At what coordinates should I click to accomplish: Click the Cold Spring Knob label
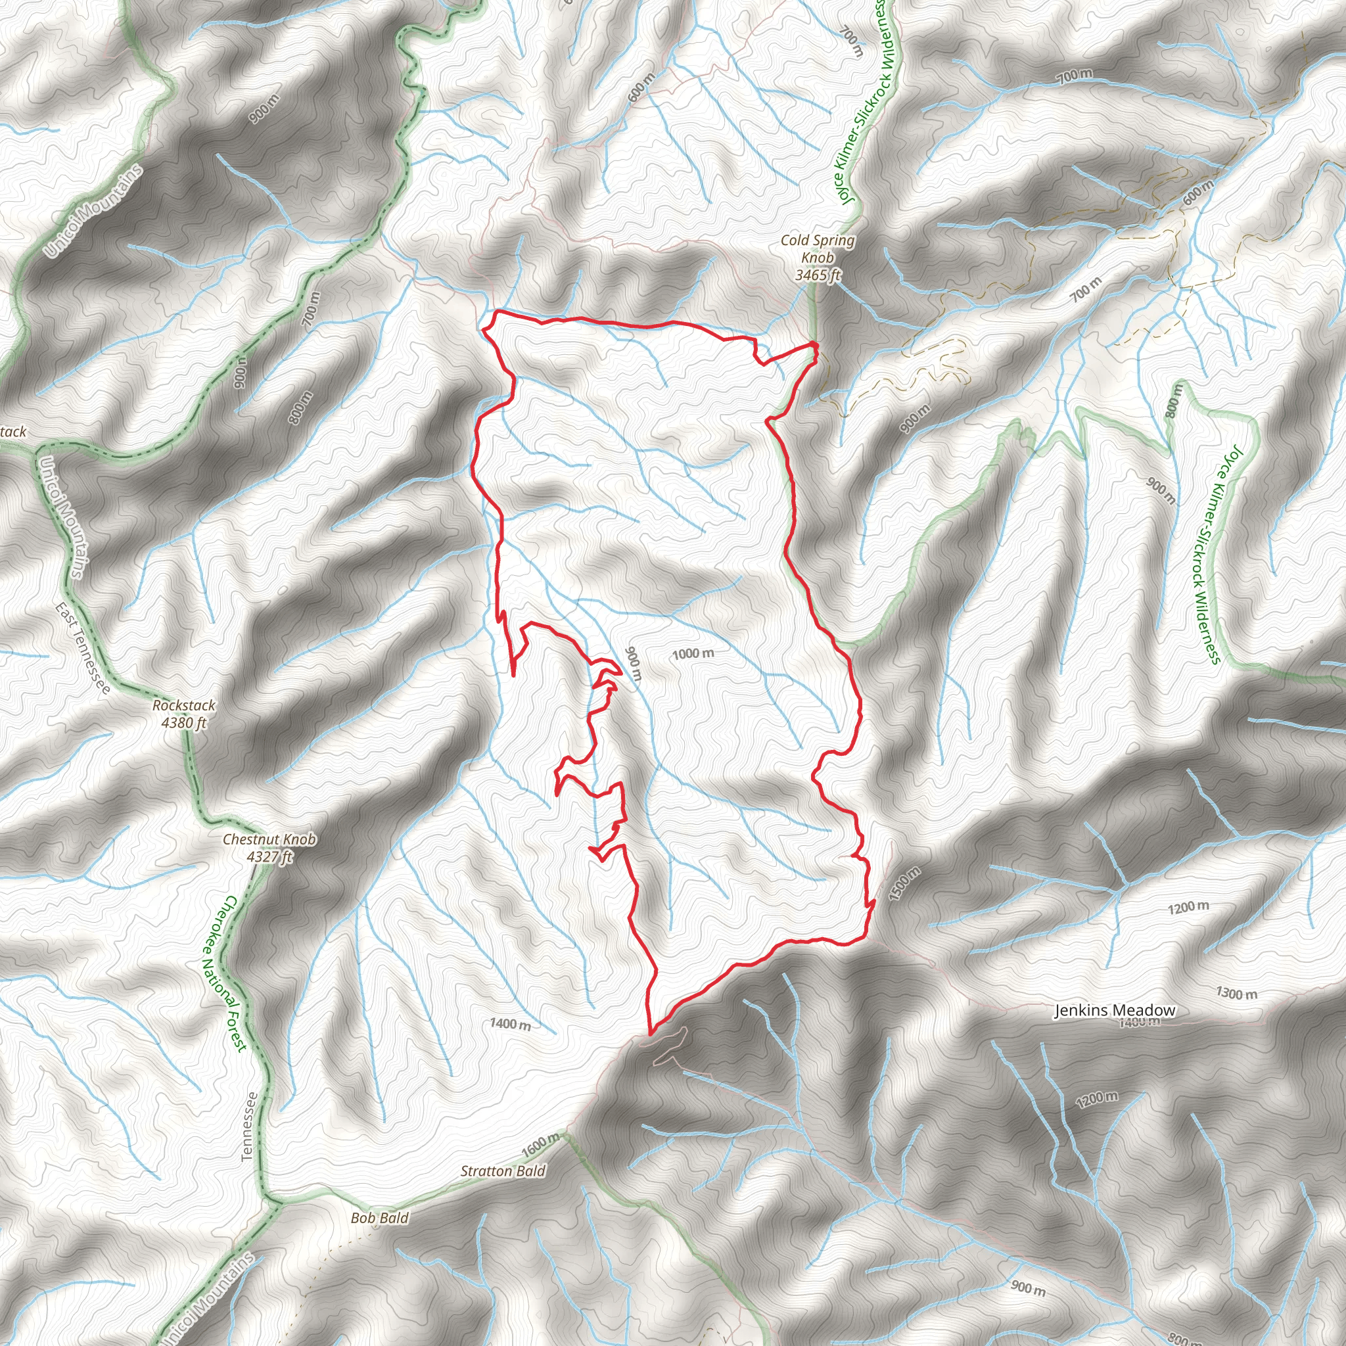(817, 248)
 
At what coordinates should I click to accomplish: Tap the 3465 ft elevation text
(817, 275)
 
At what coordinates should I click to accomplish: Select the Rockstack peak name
(184, 706)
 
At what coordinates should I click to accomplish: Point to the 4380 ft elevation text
(184, 723)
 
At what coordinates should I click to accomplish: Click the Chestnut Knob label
(269, 839)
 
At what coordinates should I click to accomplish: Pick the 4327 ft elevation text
(269, 857)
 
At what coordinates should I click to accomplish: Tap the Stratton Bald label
(502, 1171)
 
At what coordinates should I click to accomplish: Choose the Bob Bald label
(379, 1218)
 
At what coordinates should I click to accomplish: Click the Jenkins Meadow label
(1115, 1010)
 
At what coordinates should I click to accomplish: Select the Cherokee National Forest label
(224, 974)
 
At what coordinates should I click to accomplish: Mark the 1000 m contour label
(693, 653)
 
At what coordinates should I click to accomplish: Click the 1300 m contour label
(1237, 994)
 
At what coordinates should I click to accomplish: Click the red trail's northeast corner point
(814, 344)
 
